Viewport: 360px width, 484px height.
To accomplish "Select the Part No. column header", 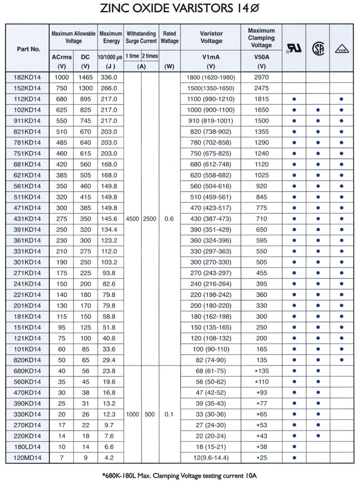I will pyautogui.click(x=29, y=48).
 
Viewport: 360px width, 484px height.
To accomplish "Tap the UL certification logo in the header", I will pyautogui.click(x=294, y=48).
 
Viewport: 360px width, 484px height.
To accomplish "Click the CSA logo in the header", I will pyautogui.click(x=318, y=48).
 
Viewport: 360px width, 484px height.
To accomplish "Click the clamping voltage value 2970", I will pyautogui.click(x=261, y=77).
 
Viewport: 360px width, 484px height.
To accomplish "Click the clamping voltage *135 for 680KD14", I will pyautogui.click(x=261, y=371).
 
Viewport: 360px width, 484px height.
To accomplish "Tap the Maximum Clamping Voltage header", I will pyautogui.click(x=261, y=38).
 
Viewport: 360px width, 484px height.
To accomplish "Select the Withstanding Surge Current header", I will pyautogui.click(x=141, y=38).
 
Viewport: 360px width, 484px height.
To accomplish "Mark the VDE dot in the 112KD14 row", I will pyautogui.click(x=341, y=99).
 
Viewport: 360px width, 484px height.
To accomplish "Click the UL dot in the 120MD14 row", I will pyautogui.click(x=294, y=457).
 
